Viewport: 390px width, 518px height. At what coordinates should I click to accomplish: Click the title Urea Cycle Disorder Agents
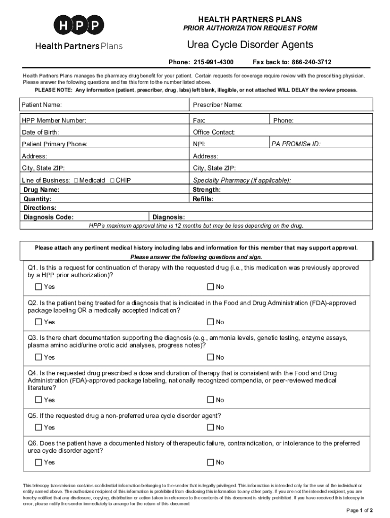250,45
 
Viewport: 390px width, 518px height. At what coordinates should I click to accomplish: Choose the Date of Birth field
122,132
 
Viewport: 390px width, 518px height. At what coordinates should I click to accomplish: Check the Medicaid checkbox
76,180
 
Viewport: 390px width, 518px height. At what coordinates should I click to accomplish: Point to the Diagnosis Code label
49,217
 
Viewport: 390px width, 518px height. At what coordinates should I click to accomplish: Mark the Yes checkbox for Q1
39,287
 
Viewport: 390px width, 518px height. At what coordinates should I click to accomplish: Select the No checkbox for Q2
210,322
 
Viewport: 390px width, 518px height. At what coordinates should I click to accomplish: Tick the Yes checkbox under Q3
39,357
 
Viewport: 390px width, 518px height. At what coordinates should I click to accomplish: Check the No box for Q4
210,400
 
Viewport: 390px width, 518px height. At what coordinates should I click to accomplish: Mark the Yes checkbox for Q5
39,427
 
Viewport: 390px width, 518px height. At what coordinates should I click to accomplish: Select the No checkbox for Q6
210,462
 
